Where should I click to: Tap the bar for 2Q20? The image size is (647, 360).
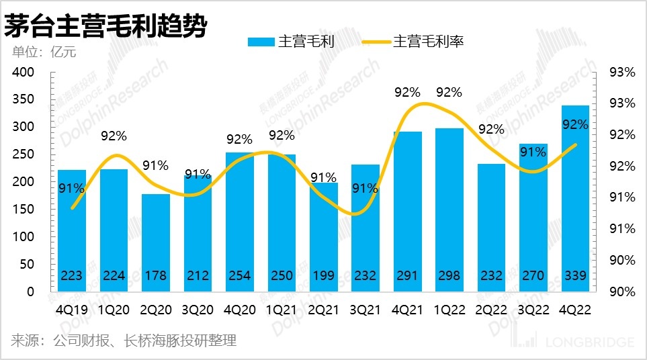(x=155, y=242)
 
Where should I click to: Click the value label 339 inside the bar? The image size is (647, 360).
(x=575, y=275)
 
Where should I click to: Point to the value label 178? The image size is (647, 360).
(x=155, y=275)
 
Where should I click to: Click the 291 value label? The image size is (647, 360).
(x=407, y=275)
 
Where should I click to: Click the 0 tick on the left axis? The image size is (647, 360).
(x=30, y=292)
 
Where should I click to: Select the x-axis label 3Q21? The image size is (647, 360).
(x=365, y=311)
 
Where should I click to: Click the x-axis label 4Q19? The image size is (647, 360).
(x=71, y=311)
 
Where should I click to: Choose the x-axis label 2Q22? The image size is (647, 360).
(x=491, y=311)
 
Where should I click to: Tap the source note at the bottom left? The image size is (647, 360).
(x=124, y=341)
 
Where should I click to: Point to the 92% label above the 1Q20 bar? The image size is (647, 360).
(x=114, y=136)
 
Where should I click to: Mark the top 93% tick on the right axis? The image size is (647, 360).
(x=621, y=72)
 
